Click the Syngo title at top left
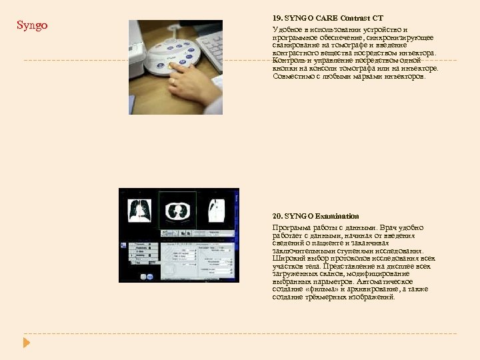click(32, 26)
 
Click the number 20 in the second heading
click(277, 216)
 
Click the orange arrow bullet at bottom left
click(27, 343)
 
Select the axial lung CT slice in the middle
click(177, 209)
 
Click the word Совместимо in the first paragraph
click(293, 76)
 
